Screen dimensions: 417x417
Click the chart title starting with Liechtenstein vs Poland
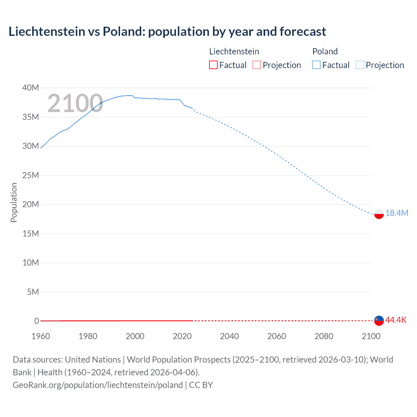point(167,32)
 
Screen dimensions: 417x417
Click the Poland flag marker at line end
point(379,214)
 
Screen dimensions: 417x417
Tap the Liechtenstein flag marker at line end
point(379,321)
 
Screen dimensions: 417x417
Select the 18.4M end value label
point(396,213)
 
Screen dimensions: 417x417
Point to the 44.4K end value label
point(396,320)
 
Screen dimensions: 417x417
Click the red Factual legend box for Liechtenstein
point(213,65)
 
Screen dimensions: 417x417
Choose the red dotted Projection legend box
point(257,65)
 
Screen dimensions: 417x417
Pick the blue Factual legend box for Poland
point(316,65)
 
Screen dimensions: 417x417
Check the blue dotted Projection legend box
point(360,65)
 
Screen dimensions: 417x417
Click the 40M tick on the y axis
point(31,88)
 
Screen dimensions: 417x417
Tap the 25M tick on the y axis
point(31,175)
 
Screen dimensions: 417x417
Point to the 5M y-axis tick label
point(33,292)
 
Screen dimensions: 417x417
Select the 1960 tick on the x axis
point(41,336)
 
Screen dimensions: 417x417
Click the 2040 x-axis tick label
point(229,336)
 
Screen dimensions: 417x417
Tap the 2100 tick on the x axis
point(371,336)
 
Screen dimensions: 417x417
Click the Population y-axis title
point(14,202)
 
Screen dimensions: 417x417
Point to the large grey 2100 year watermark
point(75,103)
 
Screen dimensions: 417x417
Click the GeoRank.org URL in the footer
point(98,385)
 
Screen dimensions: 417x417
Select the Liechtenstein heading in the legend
point(234,51)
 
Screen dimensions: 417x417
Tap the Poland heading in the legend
point(325,51)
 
